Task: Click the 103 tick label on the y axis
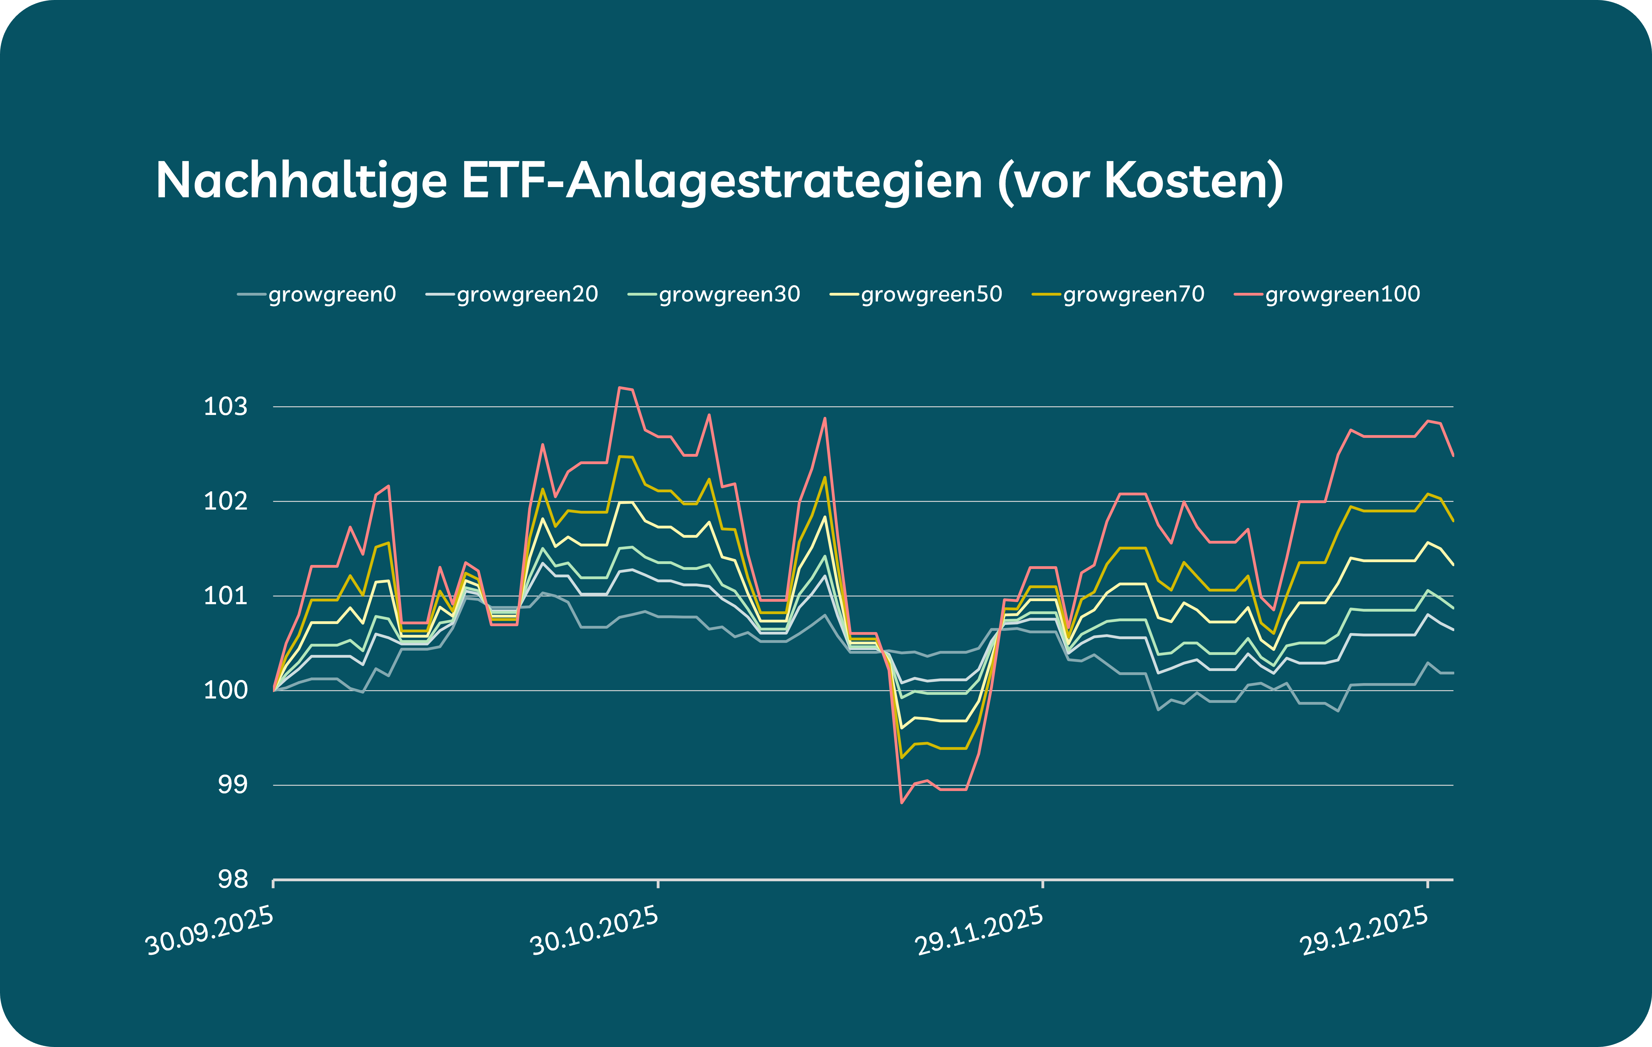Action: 226,407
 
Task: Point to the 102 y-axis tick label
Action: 226,501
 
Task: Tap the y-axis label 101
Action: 226,596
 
